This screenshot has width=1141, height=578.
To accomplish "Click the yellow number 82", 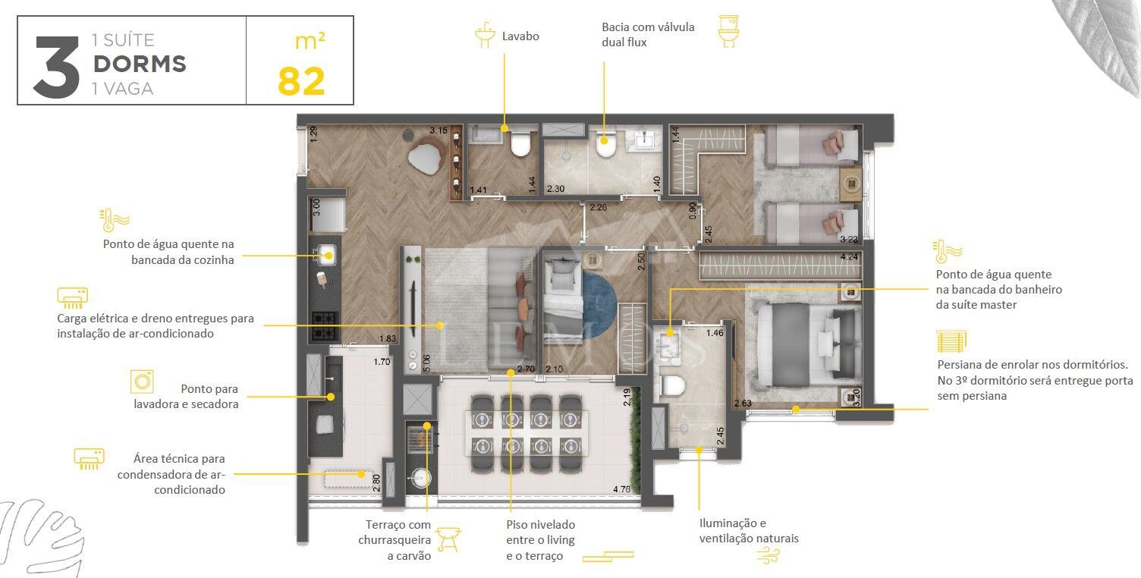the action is tap(301, 81).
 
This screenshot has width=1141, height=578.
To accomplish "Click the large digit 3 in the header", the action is tap(57, 68).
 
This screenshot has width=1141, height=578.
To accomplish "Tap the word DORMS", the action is tap(140, 64).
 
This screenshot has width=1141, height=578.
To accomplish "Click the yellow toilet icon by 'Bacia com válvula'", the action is tap(728, 32).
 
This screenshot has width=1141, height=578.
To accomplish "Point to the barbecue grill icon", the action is tap(448, 539).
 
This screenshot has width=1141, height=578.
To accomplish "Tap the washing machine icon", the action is tap(142, 382).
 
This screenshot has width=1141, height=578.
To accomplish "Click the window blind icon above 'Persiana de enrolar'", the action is tap(951, 341).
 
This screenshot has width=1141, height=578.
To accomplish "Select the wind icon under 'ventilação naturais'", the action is tap(769, 555).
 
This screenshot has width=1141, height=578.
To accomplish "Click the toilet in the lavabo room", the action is tap(521, 143).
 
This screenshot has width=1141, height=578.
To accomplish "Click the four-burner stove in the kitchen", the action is tap(324, 326).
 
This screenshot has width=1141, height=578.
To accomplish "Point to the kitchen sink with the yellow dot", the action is tap(326, 255).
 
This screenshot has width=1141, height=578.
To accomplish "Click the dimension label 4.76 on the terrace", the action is tap(621, 489).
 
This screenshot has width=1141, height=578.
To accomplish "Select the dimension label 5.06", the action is tap(427, 363).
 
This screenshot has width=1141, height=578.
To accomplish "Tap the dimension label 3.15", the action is tap(438, 130).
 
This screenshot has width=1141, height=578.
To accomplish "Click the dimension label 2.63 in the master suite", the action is tap(743, 404).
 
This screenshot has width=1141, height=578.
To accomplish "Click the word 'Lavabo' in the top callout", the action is tap(520, 36).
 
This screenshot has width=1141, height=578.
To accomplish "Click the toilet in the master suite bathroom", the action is tap(672, 385).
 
